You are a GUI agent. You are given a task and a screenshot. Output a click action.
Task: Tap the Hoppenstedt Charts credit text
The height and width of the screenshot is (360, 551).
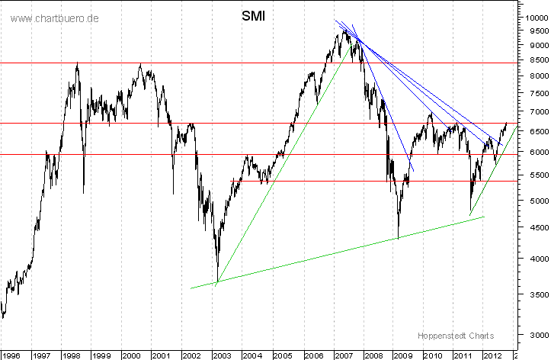455,335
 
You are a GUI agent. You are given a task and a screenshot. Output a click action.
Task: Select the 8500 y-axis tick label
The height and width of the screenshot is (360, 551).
533,59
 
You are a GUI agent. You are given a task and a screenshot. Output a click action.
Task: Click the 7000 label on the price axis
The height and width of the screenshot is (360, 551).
533,111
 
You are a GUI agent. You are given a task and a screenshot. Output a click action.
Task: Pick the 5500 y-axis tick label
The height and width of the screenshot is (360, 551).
533,175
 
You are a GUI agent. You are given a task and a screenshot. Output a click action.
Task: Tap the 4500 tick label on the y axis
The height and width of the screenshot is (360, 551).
533,227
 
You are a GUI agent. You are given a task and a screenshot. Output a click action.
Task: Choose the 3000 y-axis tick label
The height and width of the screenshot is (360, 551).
533,334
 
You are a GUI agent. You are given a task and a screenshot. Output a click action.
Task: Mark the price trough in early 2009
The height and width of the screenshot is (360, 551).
399,239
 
